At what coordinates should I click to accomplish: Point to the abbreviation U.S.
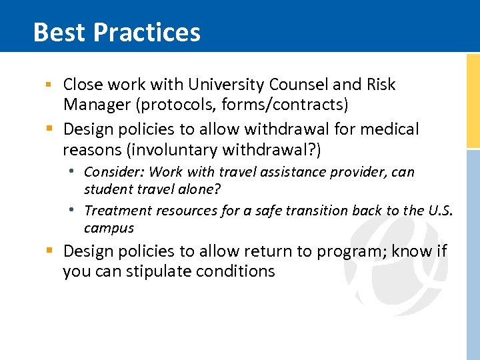(440, 211)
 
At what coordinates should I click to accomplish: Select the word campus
(109, 228)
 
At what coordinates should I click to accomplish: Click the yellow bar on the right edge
(473, 100)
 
